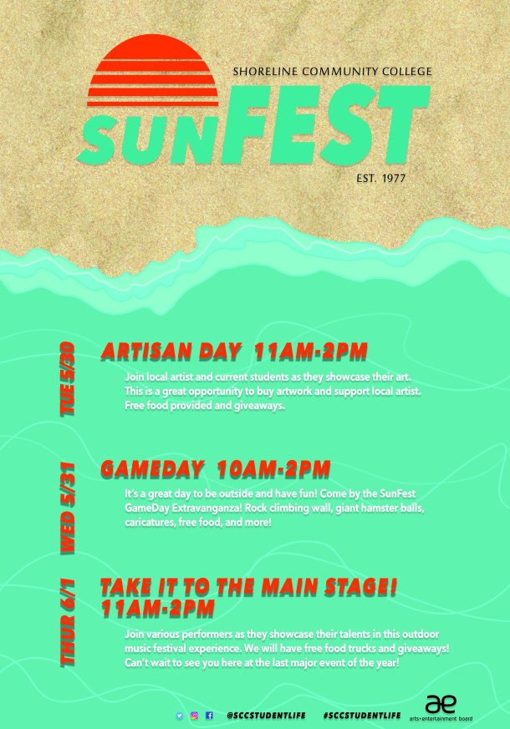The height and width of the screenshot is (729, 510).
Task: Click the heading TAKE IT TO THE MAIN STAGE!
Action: pyautogui.click(x=248, y=588)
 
